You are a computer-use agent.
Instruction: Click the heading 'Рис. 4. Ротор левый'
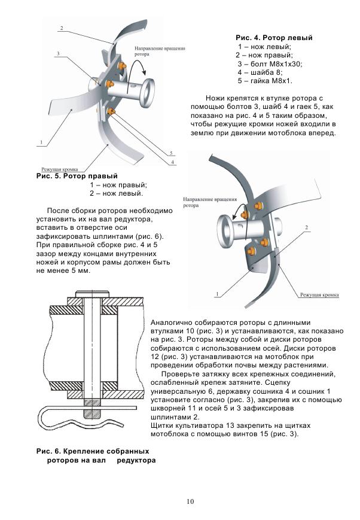pyautogui.click(x=274, y=38)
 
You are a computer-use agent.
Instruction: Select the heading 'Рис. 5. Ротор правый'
pyautogui.click(x=77, y=177)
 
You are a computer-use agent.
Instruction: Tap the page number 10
pyautogui.click(x=190, y=501)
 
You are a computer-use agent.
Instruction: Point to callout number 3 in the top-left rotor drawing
pyautogui.click(x=59, y=54)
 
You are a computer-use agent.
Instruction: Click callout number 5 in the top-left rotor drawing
pyautogui.click(x=171, y=153)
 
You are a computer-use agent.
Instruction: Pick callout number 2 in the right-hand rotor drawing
pyautogui.click(x=306, y=228)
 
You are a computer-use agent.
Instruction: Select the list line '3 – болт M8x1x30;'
pyautogui.click(x=270, y=63)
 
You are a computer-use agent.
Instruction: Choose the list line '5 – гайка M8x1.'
pyautogui.click(x=265, y=80)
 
